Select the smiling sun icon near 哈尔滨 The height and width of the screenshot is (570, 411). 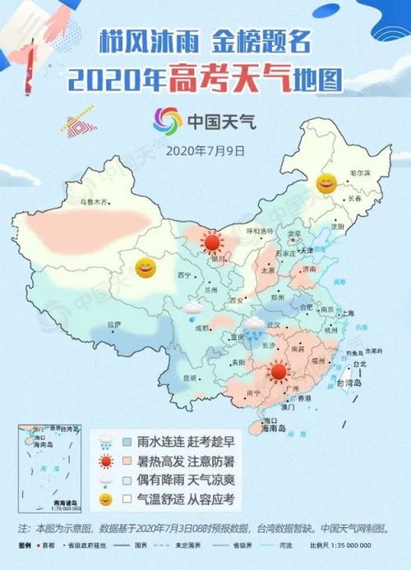click(x=326, y=182)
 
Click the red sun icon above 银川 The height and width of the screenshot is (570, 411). click(x=212, y=242)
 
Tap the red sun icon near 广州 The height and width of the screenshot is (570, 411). click(x=279, y=372)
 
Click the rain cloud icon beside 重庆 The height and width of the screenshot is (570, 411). click(x=254, y=326)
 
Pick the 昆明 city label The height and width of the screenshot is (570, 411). click(x=190, y=379)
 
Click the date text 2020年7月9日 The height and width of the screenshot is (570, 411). click(x=205, y=151)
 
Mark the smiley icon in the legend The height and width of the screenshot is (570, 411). click(x=106, y=498)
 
